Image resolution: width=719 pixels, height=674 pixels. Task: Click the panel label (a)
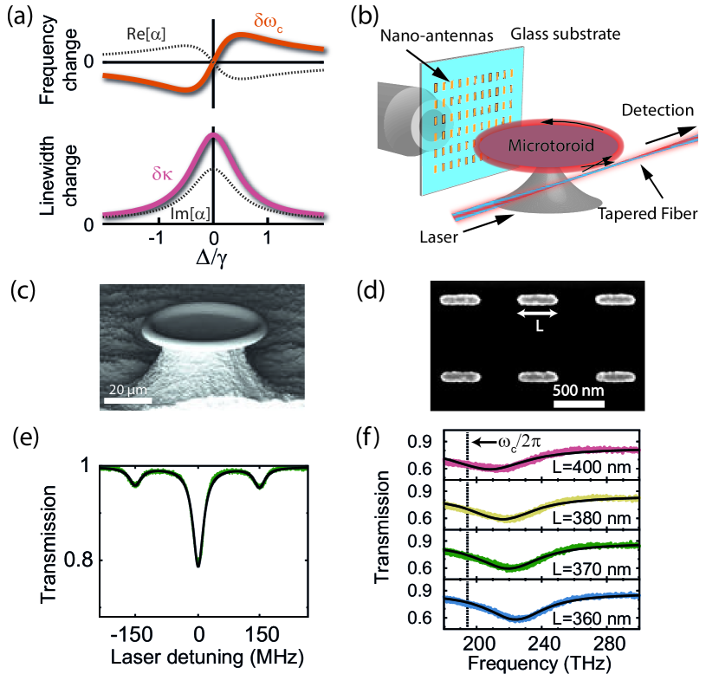click(x=21, y=15)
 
